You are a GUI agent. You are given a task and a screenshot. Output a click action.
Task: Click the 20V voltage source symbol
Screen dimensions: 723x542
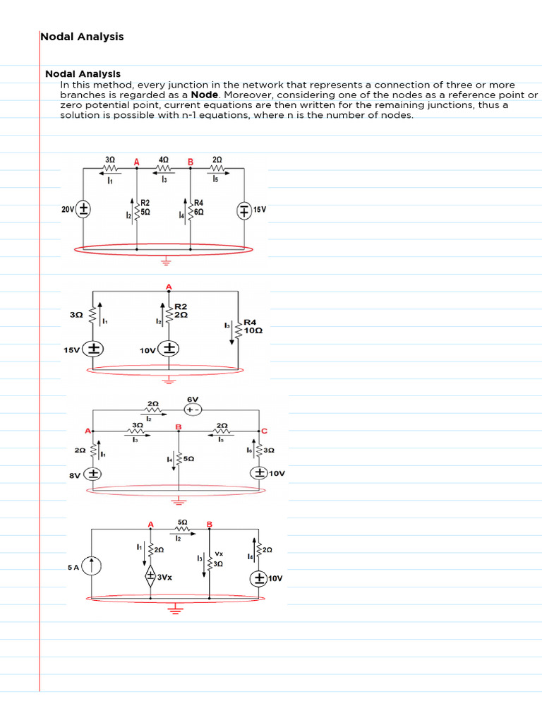pos(83,209)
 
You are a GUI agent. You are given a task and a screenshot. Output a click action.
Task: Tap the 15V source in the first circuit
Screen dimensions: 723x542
pos(243,210)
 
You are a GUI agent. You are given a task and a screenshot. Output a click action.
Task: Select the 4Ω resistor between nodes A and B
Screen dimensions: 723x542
pos(164,168)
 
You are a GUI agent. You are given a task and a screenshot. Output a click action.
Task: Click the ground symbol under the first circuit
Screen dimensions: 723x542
pos(167,261)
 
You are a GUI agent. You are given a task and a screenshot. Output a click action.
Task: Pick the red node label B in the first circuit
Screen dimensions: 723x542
pos(190,162)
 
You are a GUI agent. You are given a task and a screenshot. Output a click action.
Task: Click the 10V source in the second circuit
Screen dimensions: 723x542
pos(169,349)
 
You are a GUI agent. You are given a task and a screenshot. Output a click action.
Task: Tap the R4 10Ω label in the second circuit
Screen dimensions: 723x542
pos(253,326)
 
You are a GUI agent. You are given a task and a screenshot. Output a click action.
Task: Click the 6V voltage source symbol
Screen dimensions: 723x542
pos(193,410)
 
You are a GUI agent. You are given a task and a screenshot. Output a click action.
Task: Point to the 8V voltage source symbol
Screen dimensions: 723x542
pos(93,474)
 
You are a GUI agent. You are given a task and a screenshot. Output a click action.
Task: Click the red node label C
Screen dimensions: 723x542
pos(265,431)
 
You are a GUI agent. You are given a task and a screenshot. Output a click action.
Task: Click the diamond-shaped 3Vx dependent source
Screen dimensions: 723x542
pos(150,576)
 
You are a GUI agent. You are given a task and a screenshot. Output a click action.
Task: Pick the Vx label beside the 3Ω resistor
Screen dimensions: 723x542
pos(219,554)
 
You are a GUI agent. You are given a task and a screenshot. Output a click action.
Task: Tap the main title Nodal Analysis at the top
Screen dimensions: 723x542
pos(82,37)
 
